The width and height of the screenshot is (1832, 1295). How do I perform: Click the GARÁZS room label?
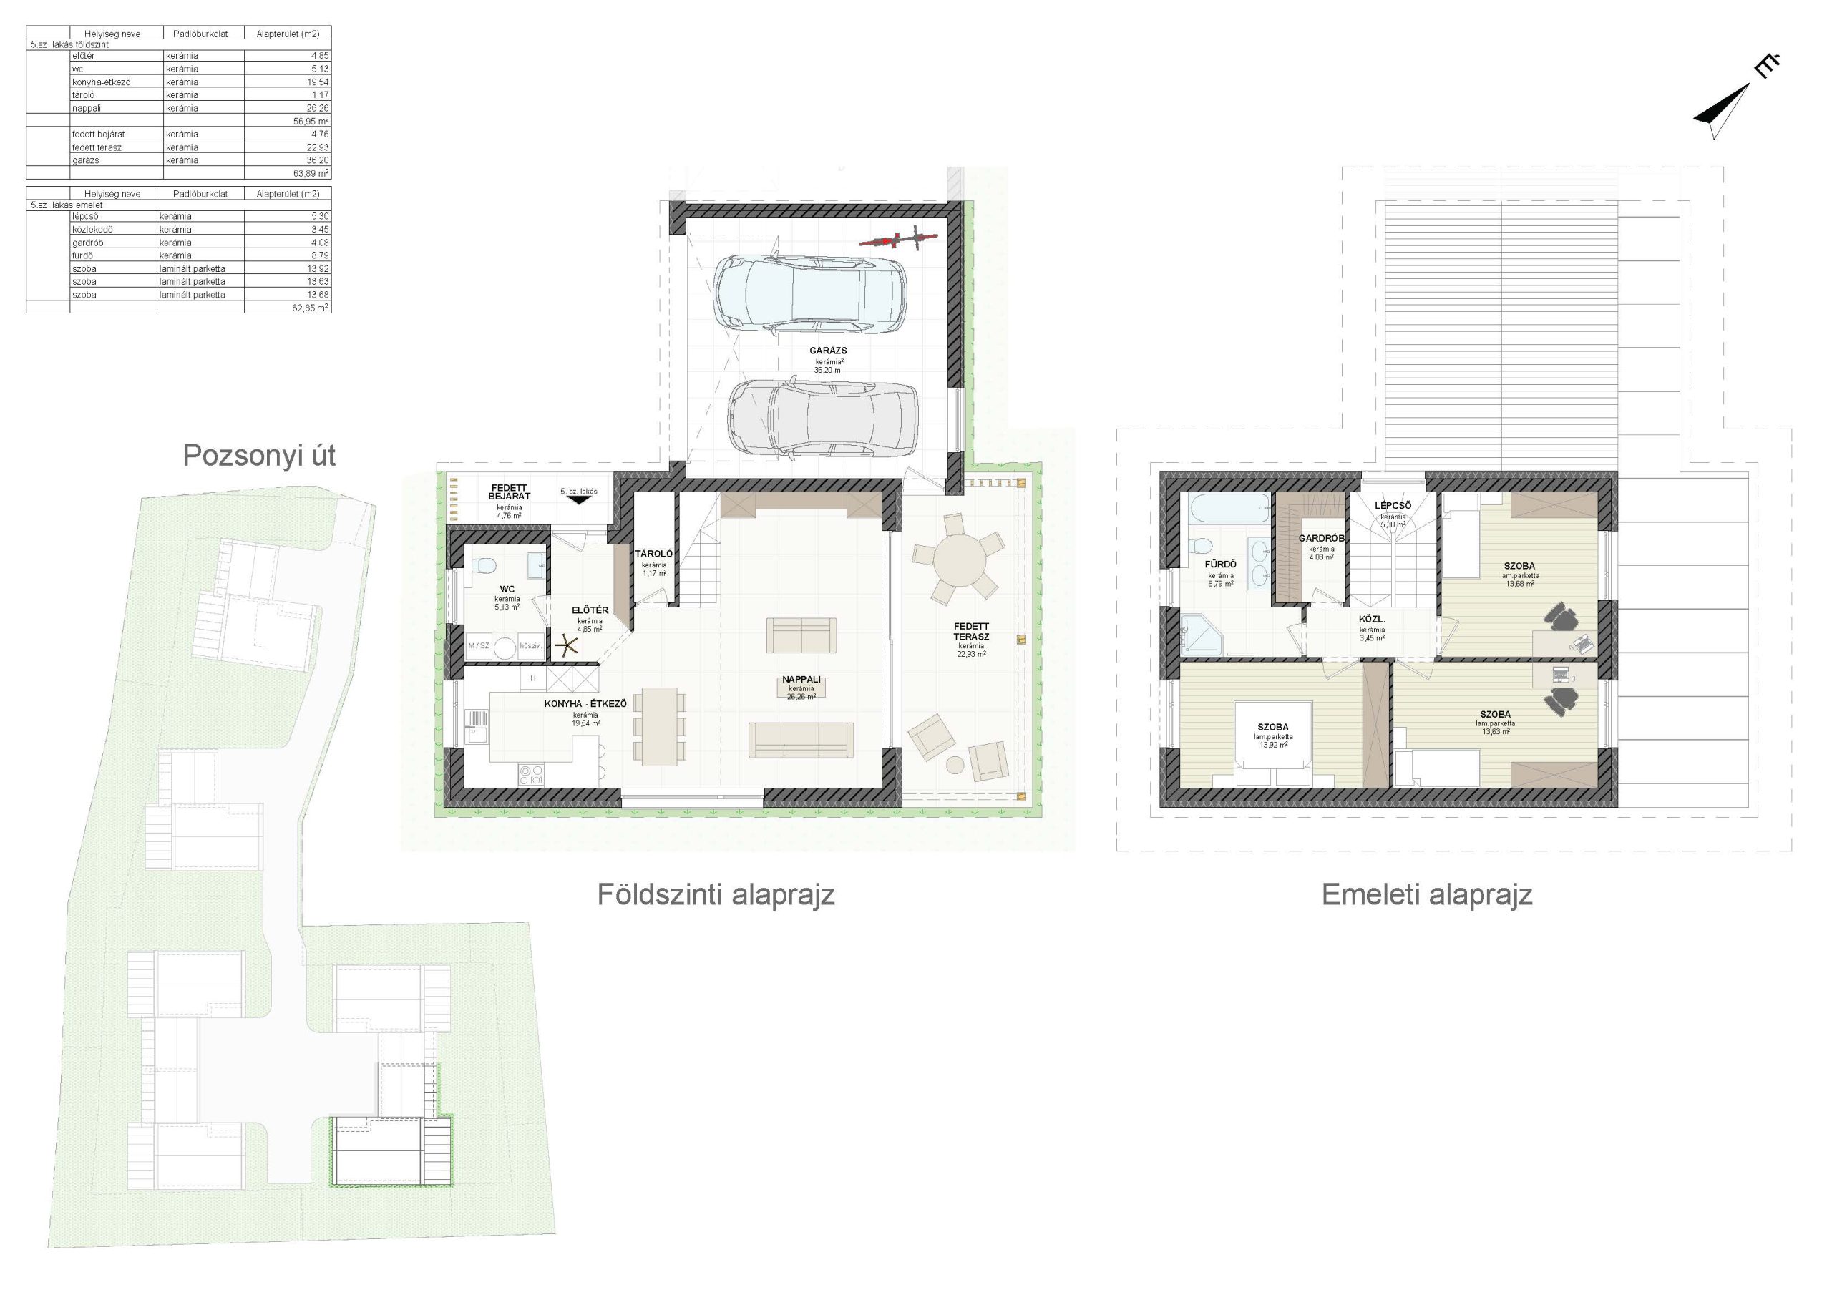tap(828, 351)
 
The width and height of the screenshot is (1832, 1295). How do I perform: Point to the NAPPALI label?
tap(801, 680)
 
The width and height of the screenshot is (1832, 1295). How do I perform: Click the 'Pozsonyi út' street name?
tap(259, 456)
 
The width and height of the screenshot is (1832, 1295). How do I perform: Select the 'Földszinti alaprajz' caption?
tap(716, 894)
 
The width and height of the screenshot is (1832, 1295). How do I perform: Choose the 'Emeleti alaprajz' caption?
tap(1427, 894)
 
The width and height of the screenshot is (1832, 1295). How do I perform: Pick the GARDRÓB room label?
tap(1321, 539)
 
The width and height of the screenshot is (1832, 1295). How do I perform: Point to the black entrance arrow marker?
tap(579, 502)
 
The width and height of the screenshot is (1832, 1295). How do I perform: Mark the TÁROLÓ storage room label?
tap(654, 554)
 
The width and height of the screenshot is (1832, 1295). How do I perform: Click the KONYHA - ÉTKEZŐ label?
tap(585, 704)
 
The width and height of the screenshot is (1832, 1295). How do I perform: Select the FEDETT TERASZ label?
tap(971, 632)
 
